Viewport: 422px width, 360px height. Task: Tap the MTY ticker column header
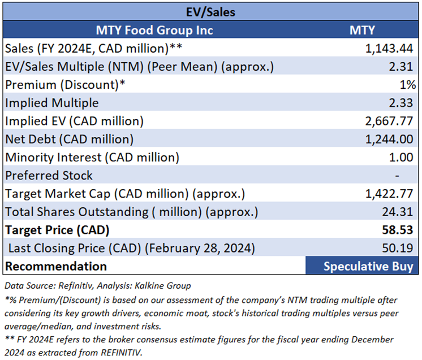361,29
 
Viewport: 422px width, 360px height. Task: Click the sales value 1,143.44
390,49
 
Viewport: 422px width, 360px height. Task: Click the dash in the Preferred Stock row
412,175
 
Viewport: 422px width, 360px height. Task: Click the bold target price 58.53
401,230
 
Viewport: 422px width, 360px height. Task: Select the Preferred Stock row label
49,175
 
